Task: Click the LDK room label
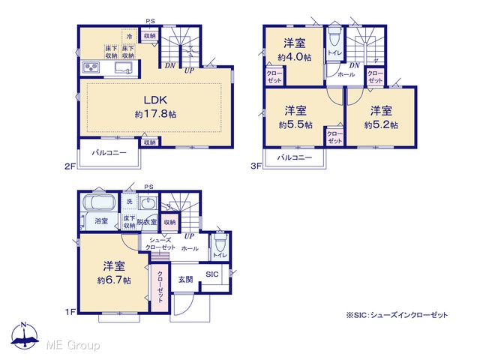(155, 100)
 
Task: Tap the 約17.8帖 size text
(155, 114)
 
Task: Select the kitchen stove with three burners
(91, 67)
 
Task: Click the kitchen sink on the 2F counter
(124, 67)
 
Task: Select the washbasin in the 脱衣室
(148, 202)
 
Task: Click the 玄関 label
(185, 279)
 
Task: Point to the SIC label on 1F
(211, 274)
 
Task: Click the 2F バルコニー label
(109, 152)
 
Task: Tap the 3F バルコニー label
(295, 157)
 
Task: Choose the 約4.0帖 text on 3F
(295, 57)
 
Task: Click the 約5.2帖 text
(381, 125)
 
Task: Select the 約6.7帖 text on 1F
(114, 280)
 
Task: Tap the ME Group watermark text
(73, 345)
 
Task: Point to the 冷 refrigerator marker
(129, 37)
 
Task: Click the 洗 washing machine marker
(129, 202)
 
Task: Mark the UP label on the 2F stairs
(189, 70)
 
